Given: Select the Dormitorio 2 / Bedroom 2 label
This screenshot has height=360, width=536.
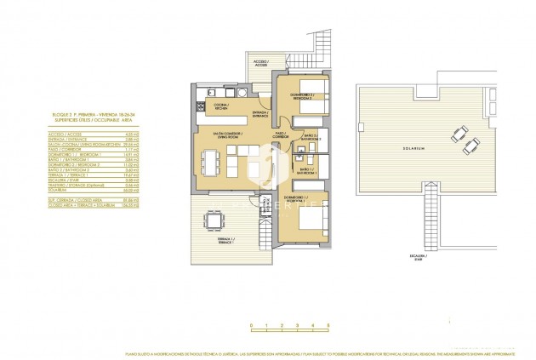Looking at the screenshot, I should tap(302, 96).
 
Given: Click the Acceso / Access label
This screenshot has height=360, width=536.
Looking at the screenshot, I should tap(260, 64).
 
